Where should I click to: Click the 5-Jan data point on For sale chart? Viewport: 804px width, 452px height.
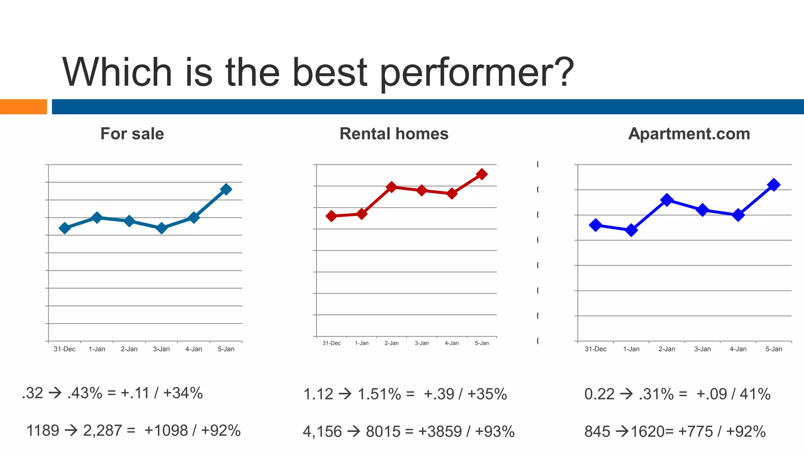226,190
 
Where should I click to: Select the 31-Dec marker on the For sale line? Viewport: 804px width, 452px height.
65,228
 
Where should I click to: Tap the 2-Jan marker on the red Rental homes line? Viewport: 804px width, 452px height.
391,187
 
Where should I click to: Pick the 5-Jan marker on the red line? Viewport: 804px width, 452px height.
482,174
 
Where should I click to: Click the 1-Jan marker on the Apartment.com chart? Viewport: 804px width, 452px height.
631,230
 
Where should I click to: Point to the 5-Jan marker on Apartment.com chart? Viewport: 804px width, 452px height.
773,185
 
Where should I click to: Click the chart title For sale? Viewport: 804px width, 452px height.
132,134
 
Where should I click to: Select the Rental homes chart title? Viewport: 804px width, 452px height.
394,134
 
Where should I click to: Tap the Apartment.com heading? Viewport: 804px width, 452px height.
689,134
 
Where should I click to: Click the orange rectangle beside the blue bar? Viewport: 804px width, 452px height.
23,107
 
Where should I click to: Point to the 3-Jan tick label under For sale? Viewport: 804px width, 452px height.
161,349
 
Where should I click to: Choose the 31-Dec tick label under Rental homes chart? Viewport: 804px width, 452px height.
331,343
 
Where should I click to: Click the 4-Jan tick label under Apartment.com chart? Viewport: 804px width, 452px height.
738,349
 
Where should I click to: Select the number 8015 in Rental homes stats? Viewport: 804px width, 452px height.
383,432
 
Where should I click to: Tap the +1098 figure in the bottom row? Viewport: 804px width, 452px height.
166,431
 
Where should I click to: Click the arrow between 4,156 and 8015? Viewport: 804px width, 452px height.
354,432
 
